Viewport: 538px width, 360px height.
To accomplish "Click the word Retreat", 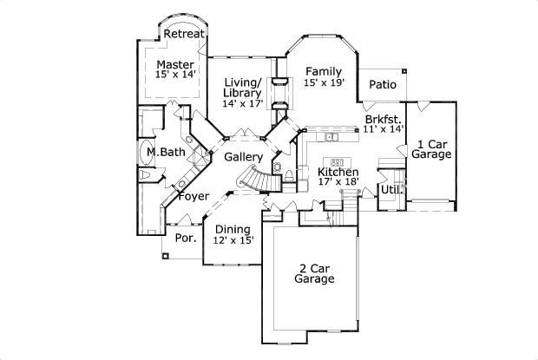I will (184, 34).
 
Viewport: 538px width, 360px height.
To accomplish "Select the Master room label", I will (174, 64).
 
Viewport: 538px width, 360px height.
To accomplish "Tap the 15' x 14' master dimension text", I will (174, 75).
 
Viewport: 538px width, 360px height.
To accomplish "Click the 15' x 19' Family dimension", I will (325, 82).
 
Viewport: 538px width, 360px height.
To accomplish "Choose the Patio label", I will (383, 84).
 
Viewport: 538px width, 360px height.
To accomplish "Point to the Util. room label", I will (390, 189).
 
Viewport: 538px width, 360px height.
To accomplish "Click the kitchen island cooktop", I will (338, 162).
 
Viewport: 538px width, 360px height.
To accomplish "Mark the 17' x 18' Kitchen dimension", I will (338, 183).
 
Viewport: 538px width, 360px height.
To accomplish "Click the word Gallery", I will (243, 157).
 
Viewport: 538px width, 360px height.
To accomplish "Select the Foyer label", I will (194, 196).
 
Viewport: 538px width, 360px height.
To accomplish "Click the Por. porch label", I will (185, 238).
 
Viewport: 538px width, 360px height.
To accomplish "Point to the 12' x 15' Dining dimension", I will (233, 240).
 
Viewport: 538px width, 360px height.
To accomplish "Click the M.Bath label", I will (165, 153).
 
